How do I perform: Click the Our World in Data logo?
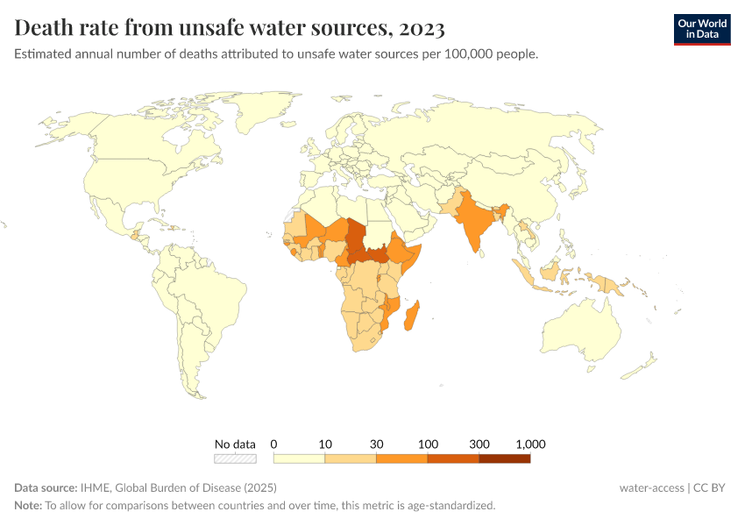click(701, 29)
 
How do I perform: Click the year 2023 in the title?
click(421, 28)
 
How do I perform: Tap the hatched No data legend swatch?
click(235, 458)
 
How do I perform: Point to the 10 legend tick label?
click(325, 444)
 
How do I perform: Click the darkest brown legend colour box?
click(505, 458)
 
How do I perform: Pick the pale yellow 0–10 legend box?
click(299, 458)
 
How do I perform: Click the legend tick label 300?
click(479, 444)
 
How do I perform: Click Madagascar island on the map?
click(411, 316)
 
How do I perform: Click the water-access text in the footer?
click(650, 487)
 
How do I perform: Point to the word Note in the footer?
click(27, 505)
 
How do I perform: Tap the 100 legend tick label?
click(428, 444)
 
